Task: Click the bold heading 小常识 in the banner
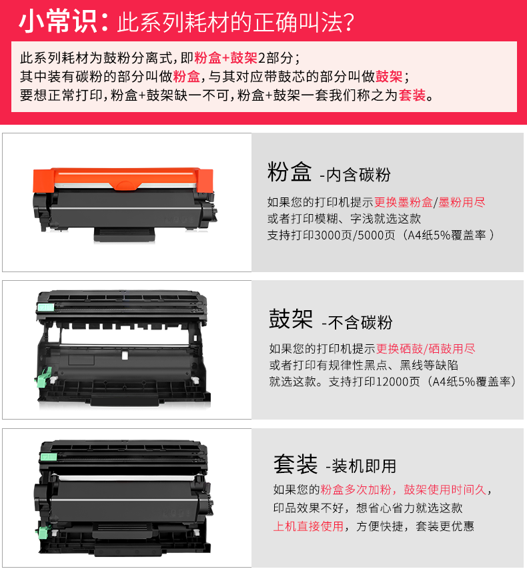tap(58, 22)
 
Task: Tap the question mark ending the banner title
tap(348, 23)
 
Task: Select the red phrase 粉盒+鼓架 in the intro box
tap(225, 57)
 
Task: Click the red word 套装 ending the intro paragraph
tap(412, 95)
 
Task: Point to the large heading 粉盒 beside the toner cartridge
tap(289, 171)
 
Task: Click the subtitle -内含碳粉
tap(355, 174)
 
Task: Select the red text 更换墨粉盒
tap(403, 202)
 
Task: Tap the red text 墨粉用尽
tap(462, 202)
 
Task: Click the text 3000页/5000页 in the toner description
tap(354, 235)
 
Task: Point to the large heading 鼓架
tap(291, 319)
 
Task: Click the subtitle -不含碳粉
tap(356, 322)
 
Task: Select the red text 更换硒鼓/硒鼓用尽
tap(426, 349)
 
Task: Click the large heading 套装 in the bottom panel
tap(296, 464)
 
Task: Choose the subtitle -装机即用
tap(360, 466)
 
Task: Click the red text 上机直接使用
tap(308, 526)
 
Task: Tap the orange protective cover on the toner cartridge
tap(123, 179)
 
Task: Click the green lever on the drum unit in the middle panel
tap(43, 378)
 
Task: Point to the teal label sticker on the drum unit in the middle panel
tap(46, 308)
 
